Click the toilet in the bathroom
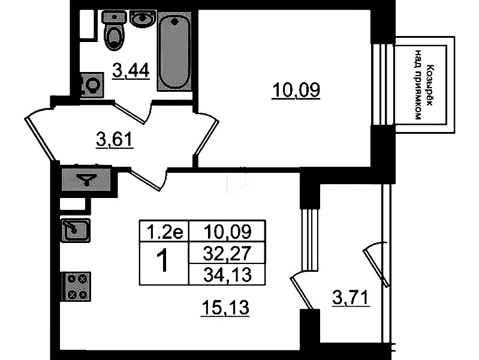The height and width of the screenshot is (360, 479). [113, 31]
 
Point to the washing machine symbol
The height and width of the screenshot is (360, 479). [92, 85]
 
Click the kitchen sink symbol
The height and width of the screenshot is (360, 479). [75, 229]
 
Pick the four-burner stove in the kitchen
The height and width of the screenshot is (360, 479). [76, 286]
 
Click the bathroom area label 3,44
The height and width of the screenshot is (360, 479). [130, 71]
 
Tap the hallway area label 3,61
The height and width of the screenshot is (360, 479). [114, 140]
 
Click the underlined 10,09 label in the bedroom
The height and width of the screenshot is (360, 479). [296, 91]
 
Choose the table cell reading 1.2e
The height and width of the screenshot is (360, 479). [163, 230]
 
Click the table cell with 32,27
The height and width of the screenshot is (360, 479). [226, 253]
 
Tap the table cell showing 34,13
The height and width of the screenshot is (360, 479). [226, 274]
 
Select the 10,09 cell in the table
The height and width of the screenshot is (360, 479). [226, 230]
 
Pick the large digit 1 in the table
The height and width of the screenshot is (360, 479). [162, 262]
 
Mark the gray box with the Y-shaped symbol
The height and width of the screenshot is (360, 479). [86, 178]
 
